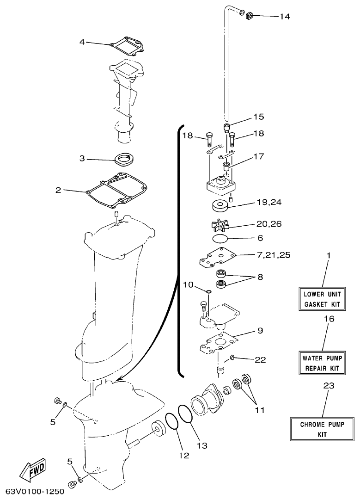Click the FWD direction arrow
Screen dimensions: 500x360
coord(32,471)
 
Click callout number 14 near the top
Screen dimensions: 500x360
coord(284,17)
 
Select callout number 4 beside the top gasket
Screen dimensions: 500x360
coord(82,42)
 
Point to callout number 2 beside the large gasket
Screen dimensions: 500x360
coord(59,190)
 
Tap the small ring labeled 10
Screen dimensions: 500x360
coord(208,291)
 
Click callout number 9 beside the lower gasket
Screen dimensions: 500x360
coord(260,331)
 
